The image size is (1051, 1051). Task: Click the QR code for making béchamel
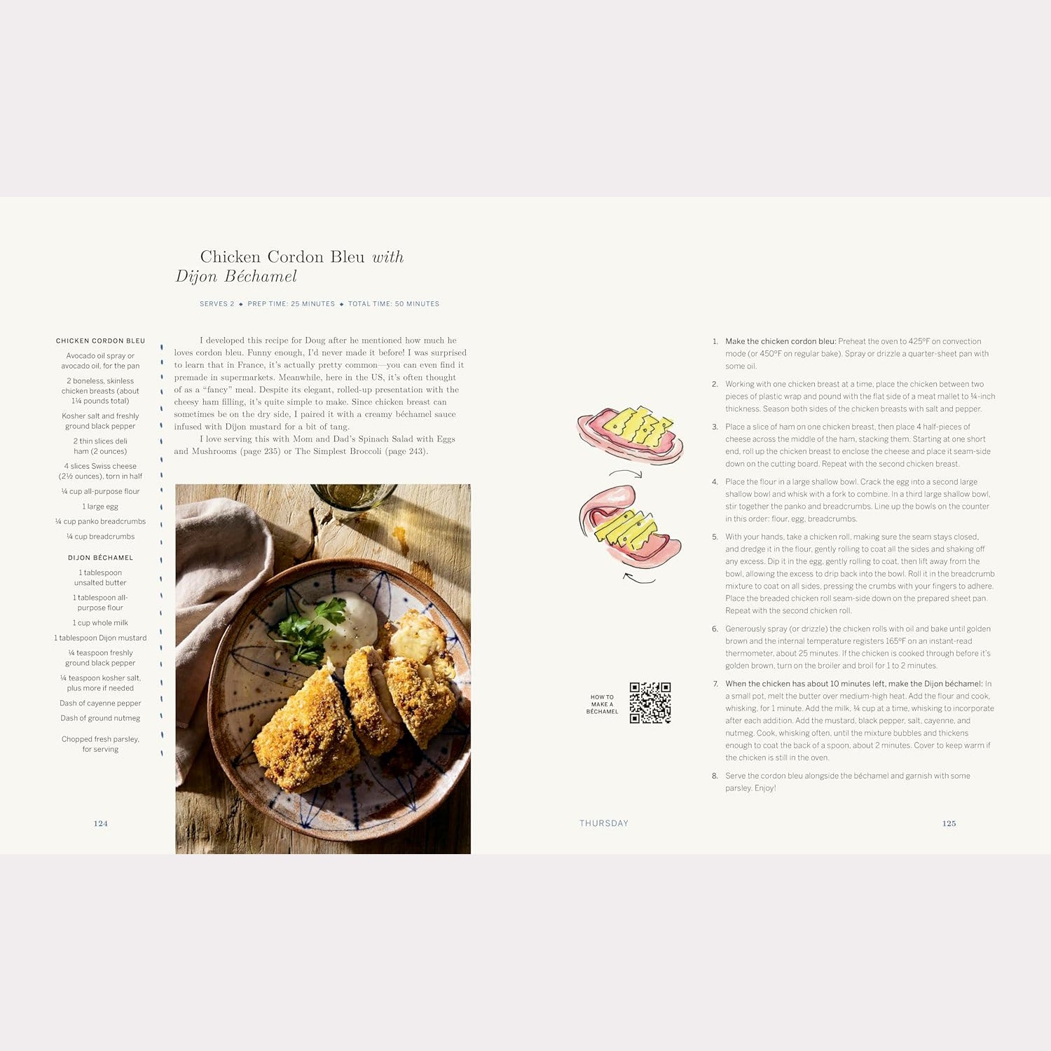(x=650, y=703)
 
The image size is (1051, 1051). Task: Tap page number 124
(x=101, y=823)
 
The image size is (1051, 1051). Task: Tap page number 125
(x=949, y=823)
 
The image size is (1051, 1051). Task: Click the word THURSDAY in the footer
(x=603, y=823)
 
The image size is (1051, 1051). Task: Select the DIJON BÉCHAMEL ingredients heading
(x=100, y=558)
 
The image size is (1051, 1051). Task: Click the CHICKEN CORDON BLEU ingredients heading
(x=100, y=341)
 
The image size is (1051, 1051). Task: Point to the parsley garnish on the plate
(x=308, y=631)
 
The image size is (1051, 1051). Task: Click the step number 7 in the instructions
(x=715, y=684)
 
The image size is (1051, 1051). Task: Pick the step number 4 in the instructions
(x=715, y=482)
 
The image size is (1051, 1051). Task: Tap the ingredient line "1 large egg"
(x=100, y=507)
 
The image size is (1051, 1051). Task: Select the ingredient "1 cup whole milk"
(x=100, y=623)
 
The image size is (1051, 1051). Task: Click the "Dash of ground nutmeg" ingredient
(x=100, y=718)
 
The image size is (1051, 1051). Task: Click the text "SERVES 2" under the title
(x=217, y=304)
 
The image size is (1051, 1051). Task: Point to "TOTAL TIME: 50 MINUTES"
(x=394, y=304)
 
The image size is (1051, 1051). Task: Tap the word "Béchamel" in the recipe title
(x=261, y=277)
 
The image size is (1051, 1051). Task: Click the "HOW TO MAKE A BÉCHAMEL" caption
(x=602, y=704)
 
